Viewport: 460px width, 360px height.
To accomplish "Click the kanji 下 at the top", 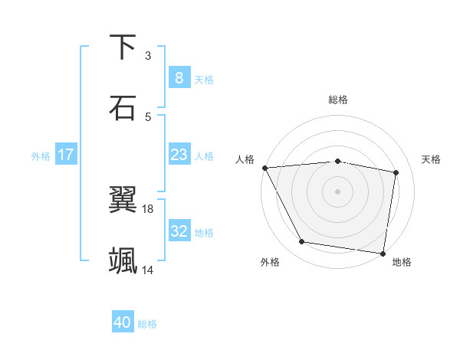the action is (123, 47).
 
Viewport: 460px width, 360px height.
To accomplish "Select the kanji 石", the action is (123, 107).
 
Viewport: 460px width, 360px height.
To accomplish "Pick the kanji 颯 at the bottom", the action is (123, 260).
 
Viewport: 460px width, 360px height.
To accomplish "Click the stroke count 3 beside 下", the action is (148, 55).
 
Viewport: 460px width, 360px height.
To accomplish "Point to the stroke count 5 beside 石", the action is (148, 116).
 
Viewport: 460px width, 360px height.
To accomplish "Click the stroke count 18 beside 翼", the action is (148, 208).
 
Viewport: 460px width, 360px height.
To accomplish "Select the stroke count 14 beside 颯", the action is (148, 270).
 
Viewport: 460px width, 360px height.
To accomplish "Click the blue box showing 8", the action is (179, 77).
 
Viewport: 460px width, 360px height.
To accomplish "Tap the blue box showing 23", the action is (179, 155).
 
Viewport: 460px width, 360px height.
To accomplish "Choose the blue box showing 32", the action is (179, 231).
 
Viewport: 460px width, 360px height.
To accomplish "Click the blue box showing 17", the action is (66, 155).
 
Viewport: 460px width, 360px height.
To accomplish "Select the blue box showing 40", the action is (123, 322).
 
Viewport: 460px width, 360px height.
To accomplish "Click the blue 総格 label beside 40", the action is (148, 324).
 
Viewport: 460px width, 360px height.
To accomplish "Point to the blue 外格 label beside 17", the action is (41, 155).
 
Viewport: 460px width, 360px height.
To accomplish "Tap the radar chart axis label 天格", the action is (431, 159).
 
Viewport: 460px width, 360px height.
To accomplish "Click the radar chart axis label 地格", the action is (402, 262).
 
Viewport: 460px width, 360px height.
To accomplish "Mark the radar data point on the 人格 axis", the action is (264, 168).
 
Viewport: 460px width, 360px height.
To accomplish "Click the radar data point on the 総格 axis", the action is (337, 161).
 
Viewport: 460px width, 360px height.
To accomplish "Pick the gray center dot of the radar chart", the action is (337, 191).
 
